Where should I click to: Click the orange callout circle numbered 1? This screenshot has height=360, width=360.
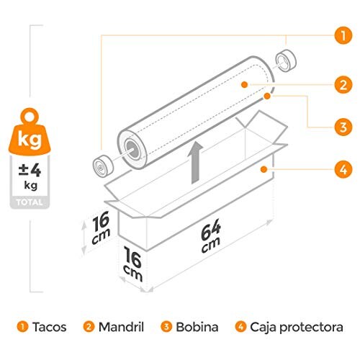343,35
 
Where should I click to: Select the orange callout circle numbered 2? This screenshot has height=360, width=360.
343,85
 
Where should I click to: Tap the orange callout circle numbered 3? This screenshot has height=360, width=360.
343,127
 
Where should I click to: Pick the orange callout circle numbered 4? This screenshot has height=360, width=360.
343,169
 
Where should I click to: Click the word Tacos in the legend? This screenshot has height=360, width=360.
50,327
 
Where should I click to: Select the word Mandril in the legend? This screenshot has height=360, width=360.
121,327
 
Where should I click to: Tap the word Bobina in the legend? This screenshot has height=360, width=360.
197,327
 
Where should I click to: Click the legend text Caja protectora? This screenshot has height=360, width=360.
297,328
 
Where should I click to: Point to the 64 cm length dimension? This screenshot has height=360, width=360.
210,235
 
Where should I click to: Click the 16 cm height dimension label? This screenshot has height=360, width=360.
101,228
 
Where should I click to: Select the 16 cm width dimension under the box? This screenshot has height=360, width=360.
132,264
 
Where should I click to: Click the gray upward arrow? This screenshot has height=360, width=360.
196,163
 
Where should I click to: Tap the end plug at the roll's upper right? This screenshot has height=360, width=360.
286,60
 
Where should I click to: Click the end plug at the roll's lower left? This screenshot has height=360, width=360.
103,166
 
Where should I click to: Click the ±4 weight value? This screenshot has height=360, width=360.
30,171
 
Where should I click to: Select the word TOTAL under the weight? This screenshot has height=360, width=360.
30,202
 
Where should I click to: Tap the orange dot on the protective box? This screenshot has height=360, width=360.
264,169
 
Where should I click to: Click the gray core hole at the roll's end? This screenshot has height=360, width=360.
132,149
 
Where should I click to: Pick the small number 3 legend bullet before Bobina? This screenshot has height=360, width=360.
166,327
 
